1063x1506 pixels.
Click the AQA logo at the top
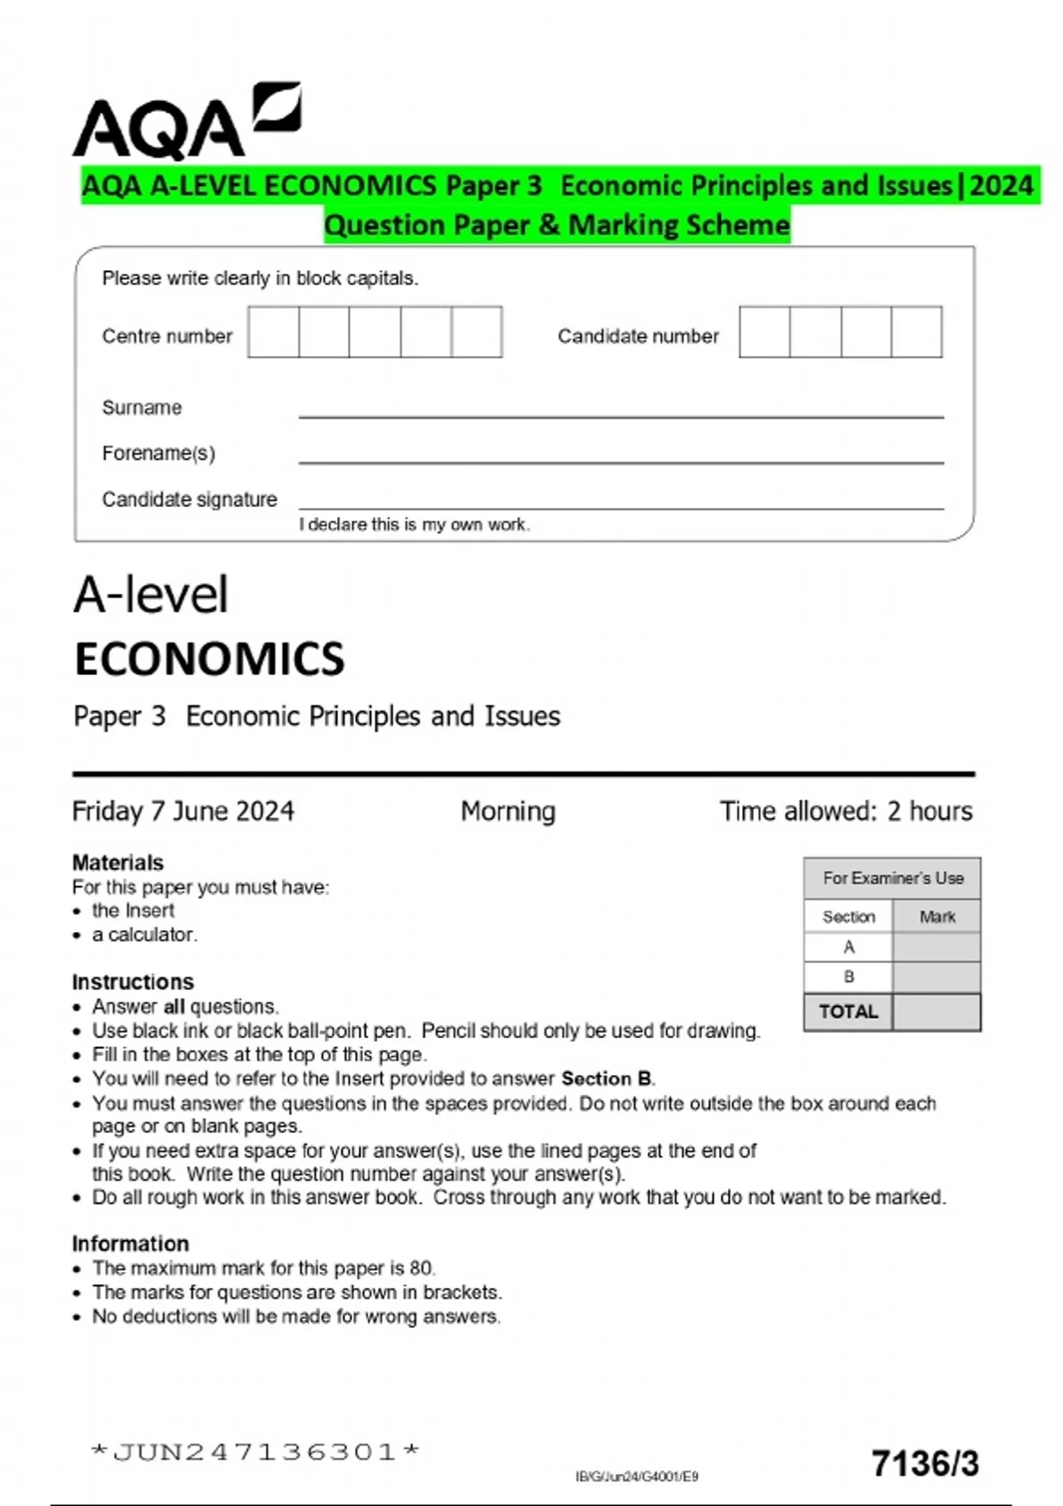coord(186,122)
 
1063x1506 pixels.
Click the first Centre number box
coord(274,332)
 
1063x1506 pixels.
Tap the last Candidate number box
coord(917,332)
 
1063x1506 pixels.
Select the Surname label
coord(142,408)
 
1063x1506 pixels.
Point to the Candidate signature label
coord(189,500)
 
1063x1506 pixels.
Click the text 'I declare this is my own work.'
coord(415,524)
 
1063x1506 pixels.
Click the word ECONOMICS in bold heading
coord(209,659)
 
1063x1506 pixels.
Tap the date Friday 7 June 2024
coord(182,811)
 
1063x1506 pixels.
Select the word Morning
coord(508,811)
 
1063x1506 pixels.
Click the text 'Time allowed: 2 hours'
coord(845,811)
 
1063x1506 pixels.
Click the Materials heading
coord(118,862)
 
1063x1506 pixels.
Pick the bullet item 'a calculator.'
coord(144,935)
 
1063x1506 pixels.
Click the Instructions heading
coord(133,982)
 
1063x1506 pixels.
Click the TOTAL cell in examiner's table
coord(848,1012)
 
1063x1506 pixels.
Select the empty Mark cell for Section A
coord(936,947)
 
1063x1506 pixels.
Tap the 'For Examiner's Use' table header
coord(892,878)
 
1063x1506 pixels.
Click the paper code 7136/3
coord(925,1463)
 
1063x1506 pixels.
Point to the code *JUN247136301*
coord(255,1452)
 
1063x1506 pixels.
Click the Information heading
coord(130,1243)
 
